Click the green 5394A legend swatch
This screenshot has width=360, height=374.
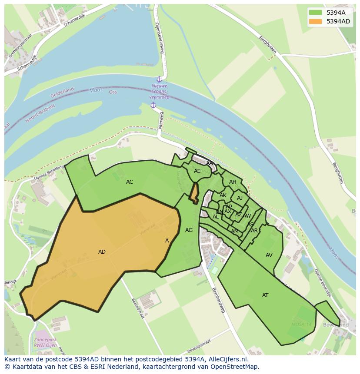[316, 12]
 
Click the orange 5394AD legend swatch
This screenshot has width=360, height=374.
[316, 21]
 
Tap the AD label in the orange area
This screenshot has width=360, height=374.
[102, 252]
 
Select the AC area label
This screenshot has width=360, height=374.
[130, 182]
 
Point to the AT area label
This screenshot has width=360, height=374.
[265, 295]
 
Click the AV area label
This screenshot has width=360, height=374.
[269, 255]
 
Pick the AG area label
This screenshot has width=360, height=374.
[189, 230]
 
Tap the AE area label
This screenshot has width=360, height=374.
[197, 171]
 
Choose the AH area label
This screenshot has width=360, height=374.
[233, 182]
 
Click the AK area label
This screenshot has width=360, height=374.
[223, 195]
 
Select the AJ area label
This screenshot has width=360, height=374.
[240, 198]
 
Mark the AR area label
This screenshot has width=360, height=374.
[254, 231]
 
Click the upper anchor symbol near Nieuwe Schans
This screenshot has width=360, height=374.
[159, 79]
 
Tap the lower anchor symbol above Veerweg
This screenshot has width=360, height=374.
[153, 105]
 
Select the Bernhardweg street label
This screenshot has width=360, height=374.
[219, 300]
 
